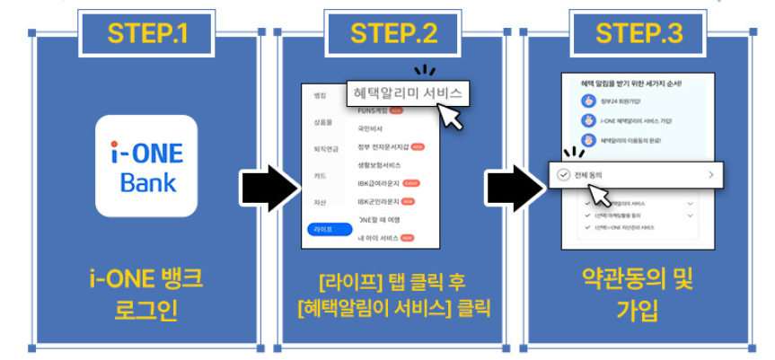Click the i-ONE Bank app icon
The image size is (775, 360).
coord(146,166)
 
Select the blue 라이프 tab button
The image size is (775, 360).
coord(323,230)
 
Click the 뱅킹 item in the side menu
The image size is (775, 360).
coord(320,95)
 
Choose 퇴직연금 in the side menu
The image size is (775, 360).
coord(325,149)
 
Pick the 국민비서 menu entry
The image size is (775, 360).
coord(370,128)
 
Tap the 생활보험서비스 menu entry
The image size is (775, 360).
coord(381,165)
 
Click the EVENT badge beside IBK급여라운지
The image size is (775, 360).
coord(412,183)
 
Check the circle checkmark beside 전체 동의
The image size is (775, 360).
coord(563,175)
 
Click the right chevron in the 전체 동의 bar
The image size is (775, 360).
coord(710,175)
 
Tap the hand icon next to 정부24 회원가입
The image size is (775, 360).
coord(588,101)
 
